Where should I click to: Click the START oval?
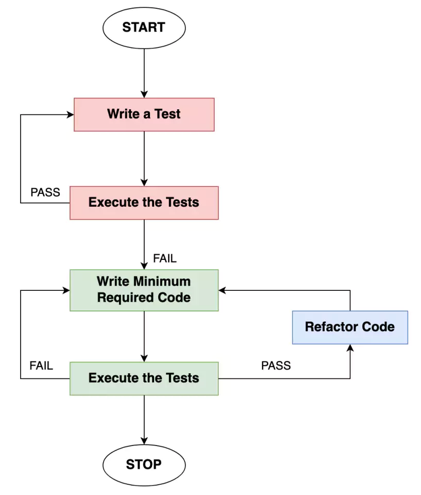(144, 27)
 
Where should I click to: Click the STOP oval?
(144, 464)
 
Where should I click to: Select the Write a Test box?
(144, 114)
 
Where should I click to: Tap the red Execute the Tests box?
(144, 202)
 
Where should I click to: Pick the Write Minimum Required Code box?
(144, 290)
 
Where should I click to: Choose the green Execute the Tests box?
(144, 378)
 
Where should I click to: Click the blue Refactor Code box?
(349, 327)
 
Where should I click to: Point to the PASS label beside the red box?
(45, 192)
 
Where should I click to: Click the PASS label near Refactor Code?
(276, 366)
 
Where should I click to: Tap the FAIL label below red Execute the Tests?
(165, 258)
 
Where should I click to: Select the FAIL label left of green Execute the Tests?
(41, 366)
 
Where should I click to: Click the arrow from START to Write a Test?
(144, 72)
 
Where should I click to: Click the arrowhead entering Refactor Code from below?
(350, 348)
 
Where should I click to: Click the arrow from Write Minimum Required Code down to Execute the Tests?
(144, 335)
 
